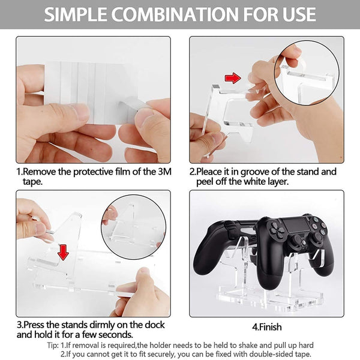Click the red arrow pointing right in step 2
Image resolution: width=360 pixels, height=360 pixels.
232,77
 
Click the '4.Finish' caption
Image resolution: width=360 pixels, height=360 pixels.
266,328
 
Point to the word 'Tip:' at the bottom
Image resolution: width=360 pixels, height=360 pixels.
52,346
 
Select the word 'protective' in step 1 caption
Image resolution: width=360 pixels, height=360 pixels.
88,172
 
